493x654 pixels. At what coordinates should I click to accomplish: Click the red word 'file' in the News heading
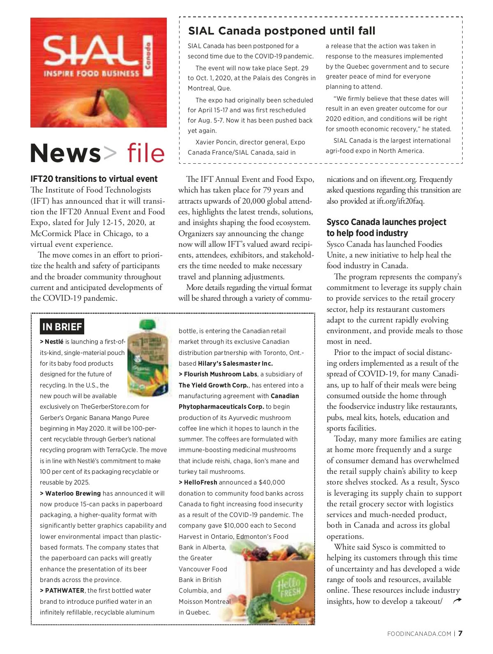click(x=146, y=153)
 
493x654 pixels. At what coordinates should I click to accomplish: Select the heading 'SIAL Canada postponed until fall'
click(x=281, y=31)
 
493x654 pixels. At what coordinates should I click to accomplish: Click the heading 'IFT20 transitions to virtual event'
click(x=94, y=179)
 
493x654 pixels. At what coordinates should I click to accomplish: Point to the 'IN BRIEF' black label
click(x=62, y=327)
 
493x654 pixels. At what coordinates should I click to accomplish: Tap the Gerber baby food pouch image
click(x=148, y=358)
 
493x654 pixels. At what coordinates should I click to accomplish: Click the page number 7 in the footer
click(x=461, y=633)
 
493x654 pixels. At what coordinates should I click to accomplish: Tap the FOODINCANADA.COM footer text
click(x=419, y=634)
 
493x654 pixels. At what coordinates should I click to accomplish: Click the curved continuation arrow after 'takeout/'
click(x=457, y=601)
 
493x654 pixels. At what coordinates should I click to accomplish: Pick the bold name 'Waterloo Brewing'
click(x=73, y=494)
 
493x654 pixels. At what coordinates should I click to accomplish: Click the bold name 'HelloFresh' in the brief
click(x=200, y=482)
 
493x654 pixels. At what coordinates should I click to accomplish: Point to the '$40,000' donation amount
click(x=272, y=482)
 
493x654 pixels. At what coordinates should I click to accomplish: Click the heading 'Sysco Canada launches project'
click(x=386, y=222)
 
